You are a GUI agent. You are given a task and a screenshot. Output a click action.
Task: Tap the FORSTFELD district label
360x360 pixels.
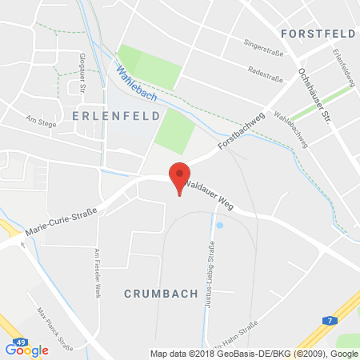pyautogui.click(x=317, y=33)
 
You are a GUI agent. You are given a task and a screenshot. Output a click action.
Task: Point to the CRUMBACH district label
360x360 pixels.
pyautogui.click(x=161, y=294)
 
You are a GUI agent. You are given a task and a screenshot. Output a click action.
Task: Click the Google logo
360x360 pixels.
pyautogui.click(x=27, y=350)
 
